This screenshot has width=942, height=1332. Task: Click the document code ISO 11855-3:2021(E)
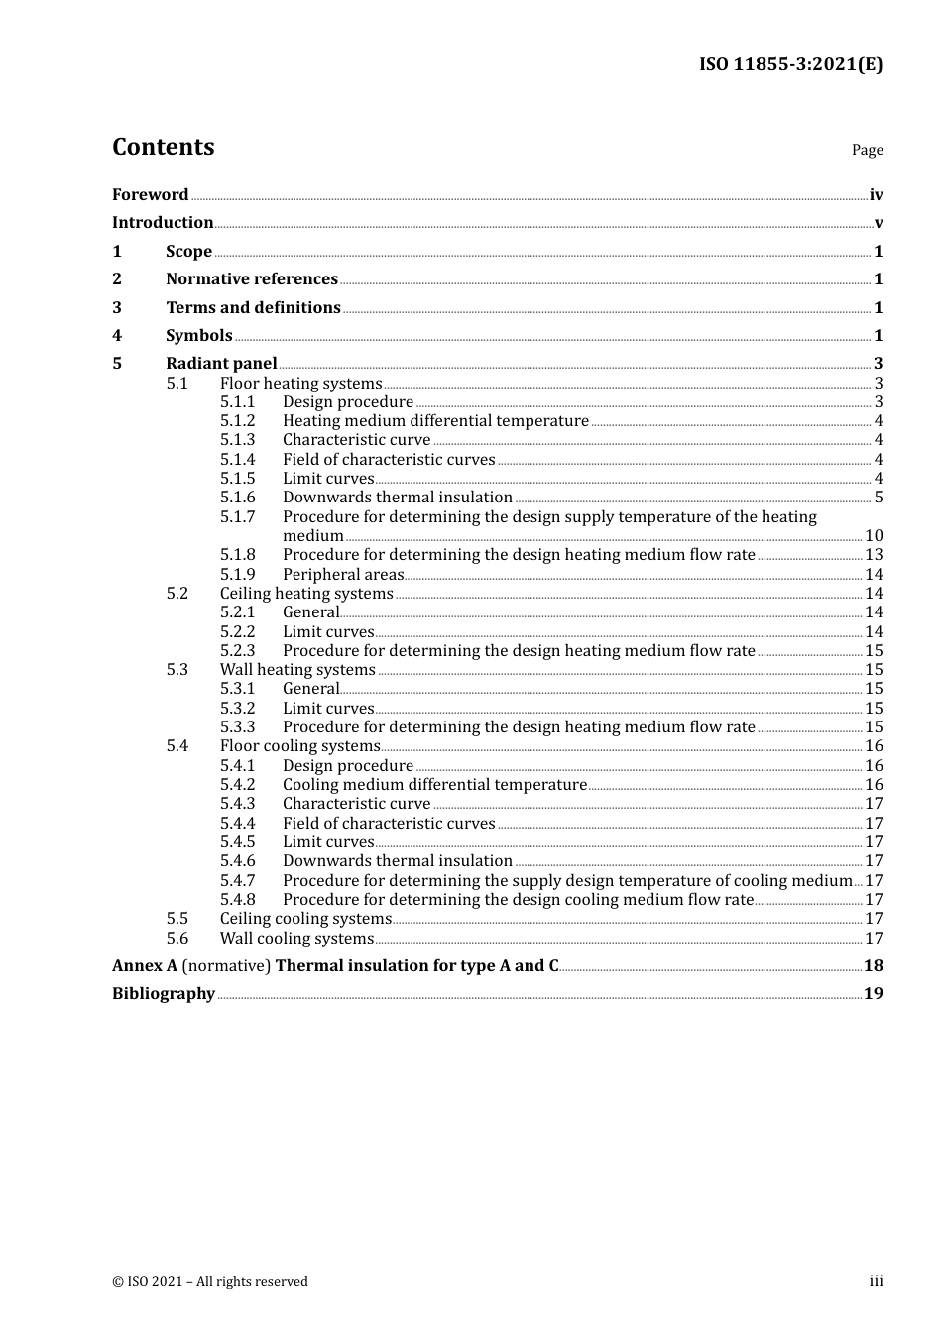pyautogui.click(x=790, y=64)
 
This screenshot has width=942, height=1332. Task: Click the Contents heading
pyautogui.click(x=163, y=147)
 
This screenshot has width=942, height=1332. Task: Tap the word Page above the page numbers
pyautogui.click(x=867, y=150)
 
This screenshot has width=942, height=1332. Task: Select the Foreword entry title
pyautogui.click(x=150, y=195)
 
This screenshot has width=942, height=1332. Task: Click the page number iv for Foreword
pyautogui.click(x=876, y=195)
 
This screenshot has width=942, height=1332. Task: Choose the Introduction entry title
pyautogui.click(x=163, y=223)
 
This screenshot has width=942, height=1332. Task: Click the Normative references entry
pyautogui.click(x=252, y=279)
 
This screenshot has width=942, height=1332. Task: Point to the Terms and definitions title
pyautogui.click(x=253, y=308)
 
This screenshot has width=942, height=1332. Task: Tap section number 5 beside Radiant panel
pyautogui.click(x=117, y=364)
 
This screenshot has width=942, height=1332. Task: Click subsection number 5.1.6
pyautogui.click(x=237, y=498)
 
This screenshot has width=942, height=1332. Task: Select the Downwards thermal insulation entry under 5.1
pyautogui.click(x=397, y=498)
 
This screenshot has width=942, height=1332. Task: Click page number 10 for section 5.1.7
pyautogui.click(x=874, y=536)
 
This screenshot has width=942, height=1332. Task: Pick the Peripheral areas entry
pyautogui.click(x=343, y=575)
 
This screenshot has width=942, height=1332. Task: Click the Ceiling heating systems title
pyautogui.click(x=306, y=594)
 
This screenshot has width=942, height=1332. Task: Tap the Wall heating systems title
pyautogui.click(x=297, y=670)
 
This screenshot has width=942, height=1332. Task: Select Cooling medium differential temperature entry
pyautogui.click(x=434, y=785)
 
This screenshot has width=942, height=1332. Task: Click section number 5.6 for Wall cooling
pyautogui.click(x=177, y=939)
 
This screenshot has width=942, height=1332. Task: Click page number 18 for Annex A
pyautogui.click(x=873, y=966)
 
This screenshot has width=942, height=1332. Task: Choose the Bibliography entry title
pyautogui.click(x=164, y=994)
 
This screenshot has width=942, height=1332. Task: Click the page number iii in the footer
pyautogui.click(x=876, y=1281)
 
